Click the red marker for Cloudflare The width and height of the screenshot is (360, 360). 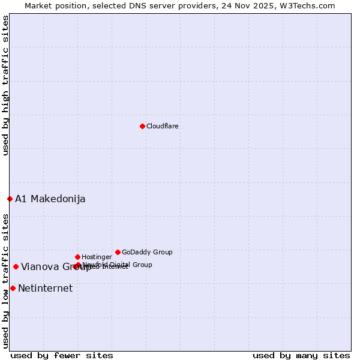[142, 126]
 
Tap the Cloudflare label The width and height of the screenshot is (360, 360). [163, 127]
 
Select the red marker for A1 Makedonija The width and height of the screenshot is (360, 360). [10, 199]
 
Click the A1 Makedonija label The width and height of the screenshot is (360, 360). [50, 199]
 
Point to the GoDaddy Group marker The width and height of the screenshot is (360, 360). [118, 252]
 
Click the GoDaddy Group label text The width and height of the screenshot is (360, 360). [147, 253]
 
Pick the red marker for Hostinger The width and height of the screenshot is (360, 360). [77, 257]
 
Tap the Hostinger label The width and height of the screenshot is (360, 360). [97, 257]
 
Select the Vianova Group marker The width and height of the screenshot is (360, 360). [16, 266]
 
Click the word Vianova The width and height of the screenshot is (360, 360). [40, 267]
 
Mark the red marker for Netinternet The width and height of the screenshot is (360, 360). [13, 288]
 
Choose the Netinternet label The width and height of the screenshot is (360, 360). [46, 289]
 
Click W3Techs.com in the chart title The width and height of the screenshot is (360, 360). [309, 5]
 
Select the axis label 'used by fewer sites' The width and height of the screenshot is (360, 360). [62, 355]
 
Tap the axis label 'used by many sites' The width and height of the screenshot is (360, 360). [301, 355]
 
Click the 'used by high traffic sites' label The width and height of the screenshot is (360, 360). [5, 85]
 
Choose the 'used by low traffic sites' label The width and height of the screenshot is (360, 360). [5, 280]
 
